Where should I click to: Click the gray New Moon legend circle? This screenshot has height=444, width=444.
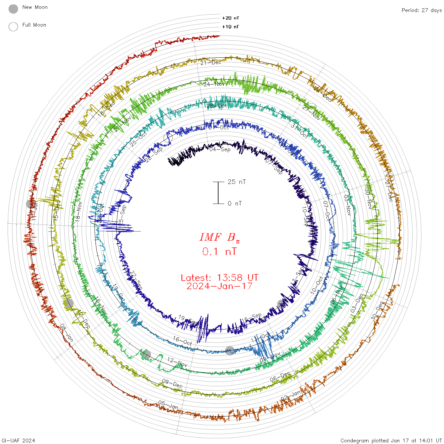pos(13,9)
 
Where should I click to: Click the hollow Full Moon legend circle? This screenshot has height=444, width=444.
pos(13,27)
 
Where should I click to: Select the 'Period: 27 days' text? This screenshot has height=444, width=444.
pos(421,10)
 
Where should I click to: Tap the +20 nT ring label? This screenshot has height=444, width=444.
pos(231,18)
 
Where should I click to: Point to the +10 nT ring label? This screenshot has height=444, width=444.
pos(231,27)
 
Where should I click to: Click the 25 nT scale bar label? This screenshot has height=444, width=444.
pos(237,182)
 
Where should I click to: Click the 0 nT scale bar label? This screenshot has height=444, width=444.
pos(235,203)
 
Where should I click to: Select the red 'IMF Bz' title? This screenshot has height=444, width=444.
pos(219,237)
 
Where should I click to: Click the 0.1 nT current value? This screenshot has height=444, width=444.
pos(219,252)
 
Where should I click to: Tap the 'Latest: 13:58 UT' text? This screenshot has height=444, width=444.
pos(219,278)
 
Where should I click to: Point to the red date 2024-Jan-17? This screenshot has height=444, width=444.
pos(219,286)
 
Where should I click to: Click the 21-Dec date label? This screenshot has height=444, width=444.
pos(211,62)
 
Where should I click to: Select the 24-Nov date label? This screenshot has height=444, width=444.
pos(214,84)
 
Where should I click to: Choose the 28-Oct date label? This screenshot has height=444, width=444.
pos(217,106)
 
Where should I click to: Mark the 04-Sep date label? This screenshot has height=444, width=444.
pos(220,149)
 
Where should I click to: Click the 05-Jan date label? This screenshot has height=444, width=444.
pos(168,405)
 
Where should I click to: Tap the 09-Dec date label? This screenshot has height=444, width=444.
pos(172,383)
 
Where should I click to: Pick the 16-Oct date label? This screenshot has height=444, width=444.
pos(182,341)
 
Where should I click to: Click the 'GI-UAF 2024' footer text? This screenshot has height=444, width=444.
pos(18,441)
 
